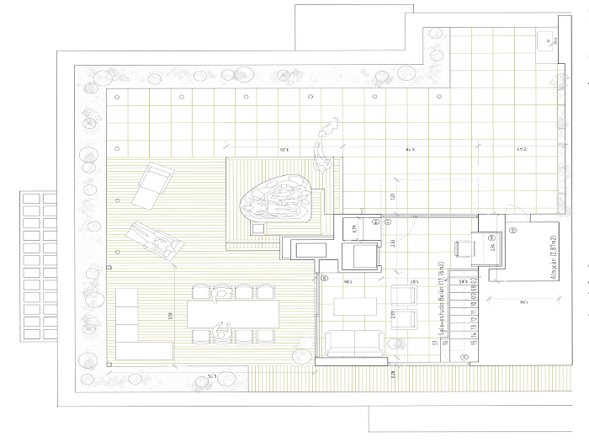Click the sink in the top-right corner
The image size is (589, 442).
click(x=548, y=39)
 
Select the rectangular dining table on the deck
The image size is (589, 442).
click(x=233, y=314)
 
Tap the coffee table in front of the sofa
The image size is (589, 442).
click(x=353, y=305)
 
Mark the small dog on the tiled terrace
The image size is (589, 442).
click(x=328, y=128)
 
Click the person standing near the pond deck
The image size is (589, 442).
click(x=321, y=155)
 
